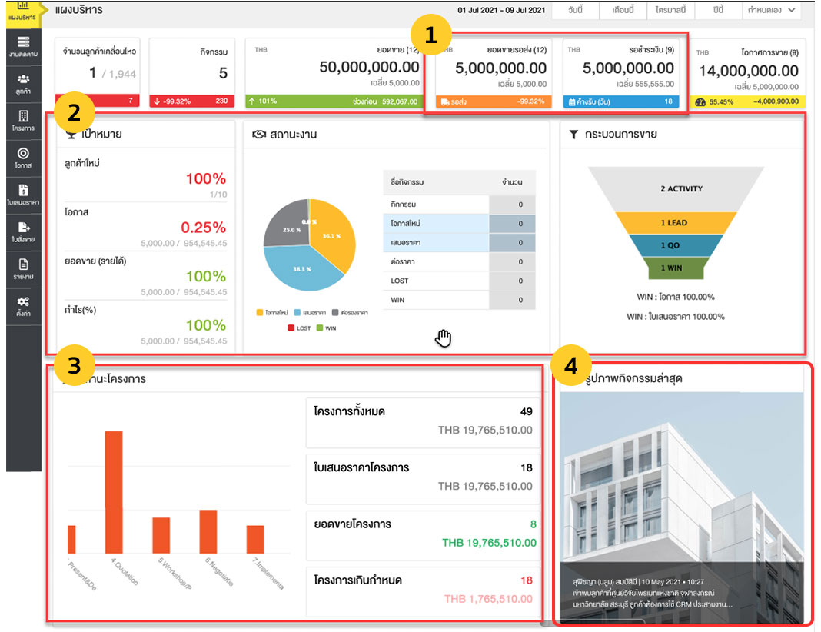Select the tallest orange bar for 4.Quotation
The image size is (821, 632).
[114, 491]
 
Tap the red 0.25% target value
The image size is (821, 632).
[203, 228]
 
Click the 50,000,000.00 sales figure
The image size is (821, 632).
[369, 68]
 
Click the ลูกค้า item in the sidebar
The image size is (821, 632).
[23, 82]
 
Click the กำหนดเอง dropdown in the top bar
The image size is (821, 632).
[771, 10]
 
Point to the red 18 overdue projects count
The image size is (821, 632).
[527, 580]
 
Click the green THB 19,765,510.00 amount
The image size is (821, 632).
[487, 543]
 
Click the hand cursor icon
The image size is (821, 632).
[444, 338]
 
